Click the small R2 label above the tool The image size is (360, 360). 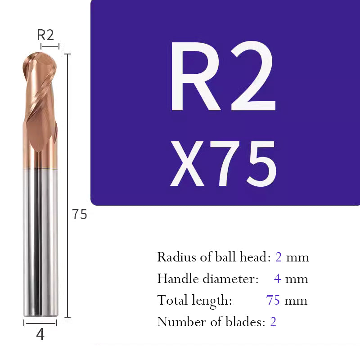pos(46,35)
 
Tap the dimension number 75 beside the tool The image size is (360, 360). pos(80,215)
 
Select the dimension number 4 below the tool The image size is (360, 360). pos(40,335)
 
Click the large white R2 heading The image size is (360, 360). pos(223,80)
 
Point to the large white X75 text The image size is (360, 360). pos(223,164)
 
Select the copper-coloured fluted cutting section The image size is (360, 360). pos(39,112)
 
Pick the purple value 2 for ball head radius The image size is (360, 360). pos(279,257)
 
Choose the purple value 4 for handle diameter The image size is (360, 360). pos(278,279)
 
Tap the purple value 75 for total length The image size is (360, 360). pos(273,300)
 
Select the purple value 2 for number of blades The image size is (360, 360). pos(273,322)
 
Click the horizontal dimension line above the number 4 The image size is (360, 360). pos(40,322)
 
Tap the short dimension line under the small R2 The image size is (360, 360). pos(49,46)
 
